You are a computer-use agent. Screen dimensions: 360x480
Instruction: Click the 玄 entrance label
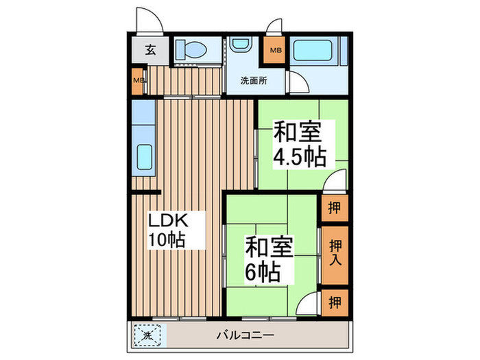point(149,49)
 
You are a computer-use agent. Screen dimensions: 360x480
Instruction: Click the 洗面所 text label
point(253,80)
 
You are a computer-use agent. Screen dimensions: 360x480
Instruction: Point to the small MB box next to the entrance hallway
point(137,81)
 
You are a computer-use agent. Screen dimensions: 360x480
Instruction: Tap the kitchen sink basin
point(145,157)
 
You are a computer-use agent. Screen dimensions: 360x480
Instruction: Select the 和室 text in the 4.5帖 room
point(299,131)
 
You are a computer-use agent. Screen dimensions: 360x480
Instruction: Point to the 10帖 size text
point(167,240)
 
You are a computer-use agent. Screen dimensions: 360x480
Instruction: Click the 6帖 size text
point(263,272)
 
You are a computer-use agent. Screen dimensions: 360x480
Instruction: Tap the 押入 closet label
point(335,254)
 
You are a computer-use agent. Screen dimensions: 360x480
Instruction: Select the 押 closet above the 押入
point(334,207)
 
